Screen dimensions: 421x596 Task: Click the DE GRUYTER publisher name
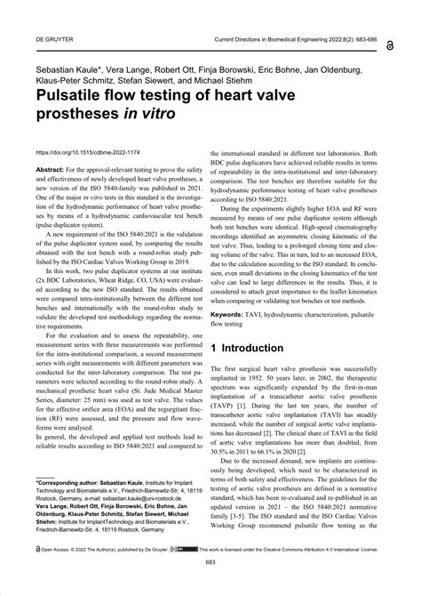pos(51,41)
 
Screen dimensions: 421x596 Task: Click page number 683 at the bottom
pos(210,587)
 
